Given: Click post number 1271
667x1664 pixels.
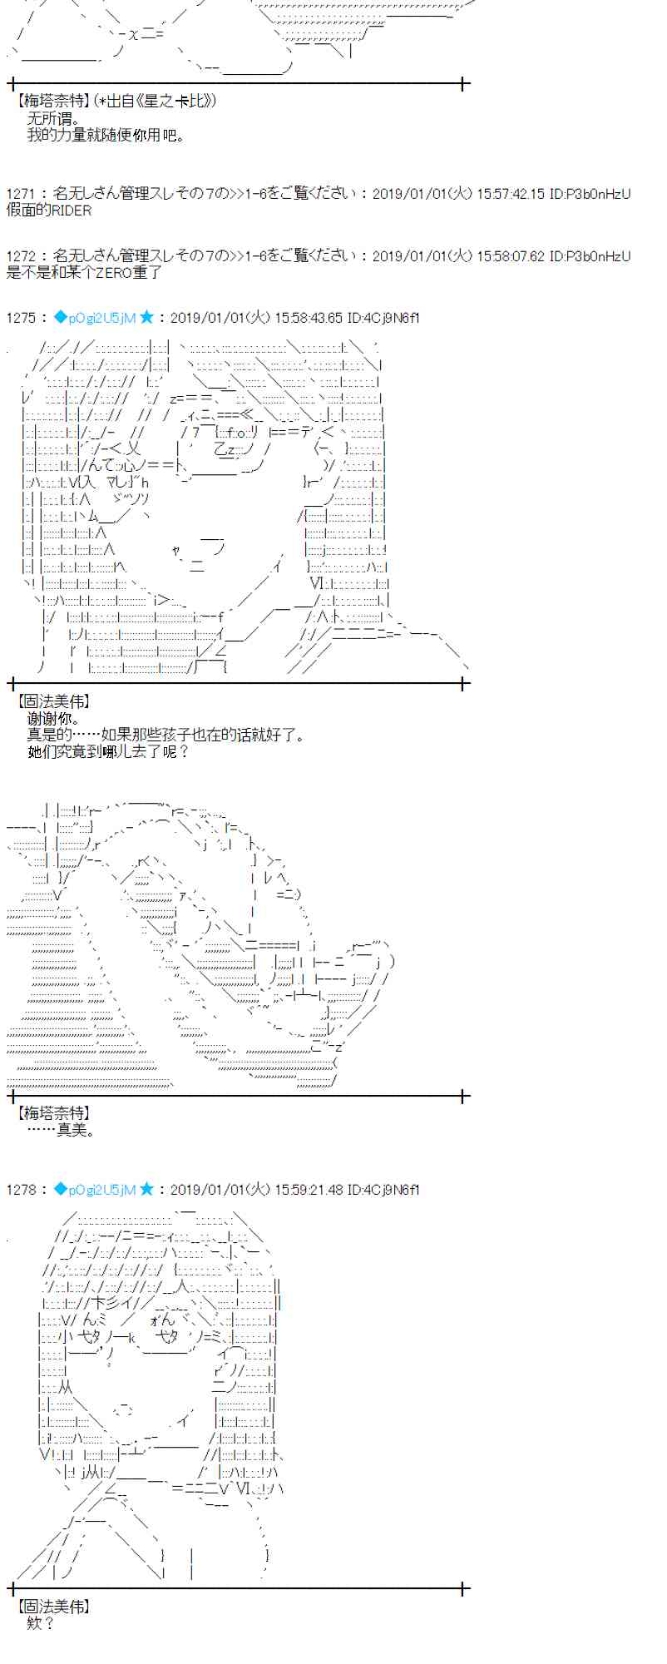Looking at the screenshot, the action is coord(21,194).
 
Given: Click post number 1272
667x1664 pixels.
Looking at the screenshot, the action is coord(21,256).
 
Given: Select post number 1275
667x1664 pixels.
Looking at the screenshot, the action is coord(21,318).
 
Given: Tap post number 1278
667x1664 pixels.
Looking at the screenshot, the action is coord(21,1190).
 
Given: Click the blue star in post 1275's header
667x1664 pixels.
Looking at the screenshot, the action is coord(147,317).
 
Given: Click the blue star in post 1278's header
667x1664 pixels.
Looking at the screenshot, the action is coord(147,1189).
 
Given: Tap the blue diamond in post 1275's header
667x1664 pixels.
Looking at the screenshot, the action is coord(60,317).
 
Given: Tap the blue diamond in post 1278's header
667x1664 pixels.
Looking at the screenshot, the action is coord(60,1189).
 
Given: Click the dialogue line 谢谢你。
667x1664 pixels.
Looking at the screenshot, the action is coord(54,718).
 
